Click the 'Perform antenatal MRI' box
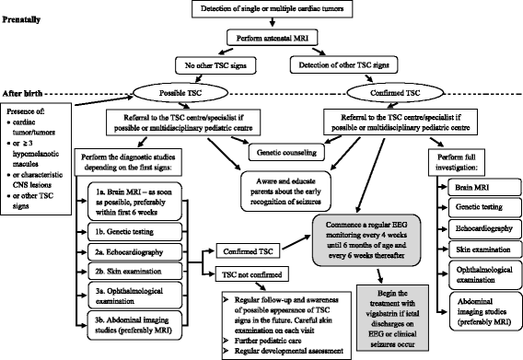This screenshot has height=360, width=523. click(x=272, y=38)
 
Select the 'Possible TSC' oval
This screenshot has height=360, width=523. click(x=180, y=93)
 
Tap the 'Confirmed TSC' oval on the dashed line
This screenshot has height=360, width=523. click(x=395, y=93)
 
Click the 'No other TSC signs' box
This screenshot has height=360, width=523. click(x=215, y=65)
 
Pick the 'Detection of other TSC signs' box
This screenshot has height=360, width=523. click(x=343, y=64)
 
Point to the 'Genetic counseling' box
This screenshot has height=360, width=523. click(x=286, y=153)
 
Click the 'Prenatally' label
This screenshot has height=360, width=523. click(x=21, y=19)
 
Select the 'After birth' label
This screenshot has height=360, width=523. click(x=22, y=93)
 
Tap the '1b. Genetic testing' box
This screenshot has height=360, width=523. click(x=134, y=231)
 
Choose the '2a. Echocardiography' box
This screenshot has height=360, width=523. click(x=134, y=252)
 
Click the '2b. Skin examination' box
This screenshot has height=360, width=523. click(x=134, y=272)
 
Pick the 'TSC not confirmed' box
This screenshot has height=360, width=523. click(x=252, y=274)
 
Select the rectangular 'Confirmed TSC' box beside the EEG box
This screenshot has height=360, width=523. click(x=249, y=251)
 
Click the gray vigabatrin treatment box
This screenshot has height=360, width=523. click(x=392, y=319)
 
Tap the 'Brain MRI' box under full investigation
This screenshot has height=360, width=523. click(x=484, y=187)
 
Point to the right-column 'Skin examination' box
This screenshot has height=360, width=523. click(x=484, y=250)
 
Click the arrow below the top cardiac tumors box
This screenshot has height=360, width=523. click(x=273, y=22)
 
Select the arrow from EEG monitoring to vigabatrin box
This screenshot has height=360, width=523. click(x=379, y=275)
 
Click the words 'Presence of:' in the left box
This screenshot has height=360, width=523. click(x=26, y=111)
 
